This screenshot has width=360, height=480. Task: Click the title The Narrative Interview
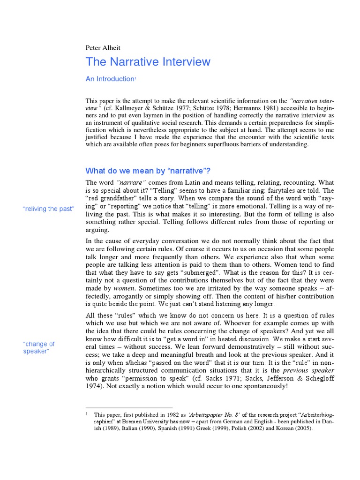click(x=148, y=62)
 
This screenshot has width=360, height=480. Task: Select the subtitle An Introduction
click(x=110, y=79)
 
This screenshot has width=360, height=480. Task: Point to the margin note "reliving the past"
click(x=48, y=209)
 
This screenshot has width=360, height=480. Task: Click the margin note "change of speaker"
click(x=39, y=347)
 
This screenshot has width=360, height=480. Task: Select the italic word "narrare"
click(x=131, y=182)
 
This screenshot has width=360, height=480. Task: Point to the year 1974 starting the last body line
click(x=93, y=386)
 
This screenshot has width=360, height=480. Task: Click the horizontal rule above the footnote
click(x=129, y=408)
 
